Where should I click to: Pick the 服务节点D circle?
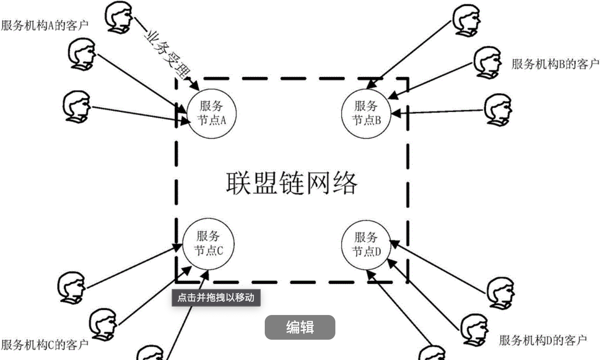tap(366, 244)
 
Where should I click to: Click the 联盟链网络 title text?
tap(292, 183)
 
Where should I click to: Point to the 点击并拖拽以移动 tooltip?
tap(216, 298)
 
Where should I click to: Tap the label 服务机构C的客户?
tap(45, 344)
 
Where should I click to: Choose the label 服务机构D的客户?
tap(543, 341)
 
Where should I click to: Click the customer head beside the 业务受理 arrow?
tap(119, 16)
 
